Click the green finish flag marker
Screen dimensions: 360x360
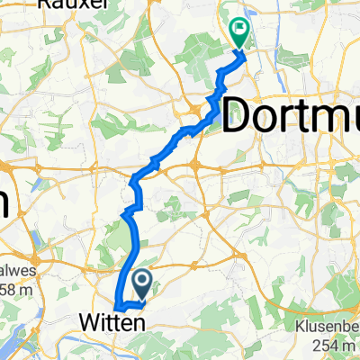pos(239,32)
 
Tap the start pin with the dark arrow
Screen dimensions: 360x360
pos(143,284)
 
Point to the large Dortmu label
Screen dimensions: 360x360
pos(288,115)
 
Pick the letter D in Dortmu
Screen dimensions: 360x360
pos(236,115)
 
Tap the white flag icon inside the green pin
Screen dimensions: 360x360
pos(239,28)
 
